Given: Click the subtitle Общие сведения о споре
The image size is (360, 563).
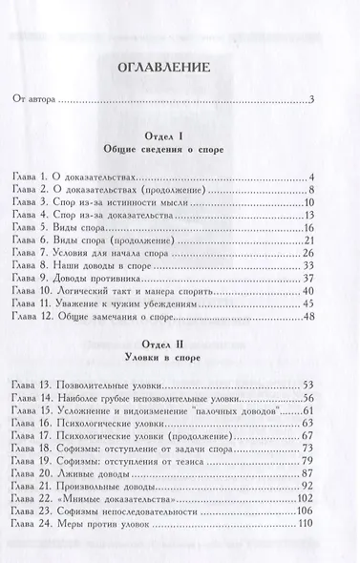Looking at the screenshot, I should coord(179,153).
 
